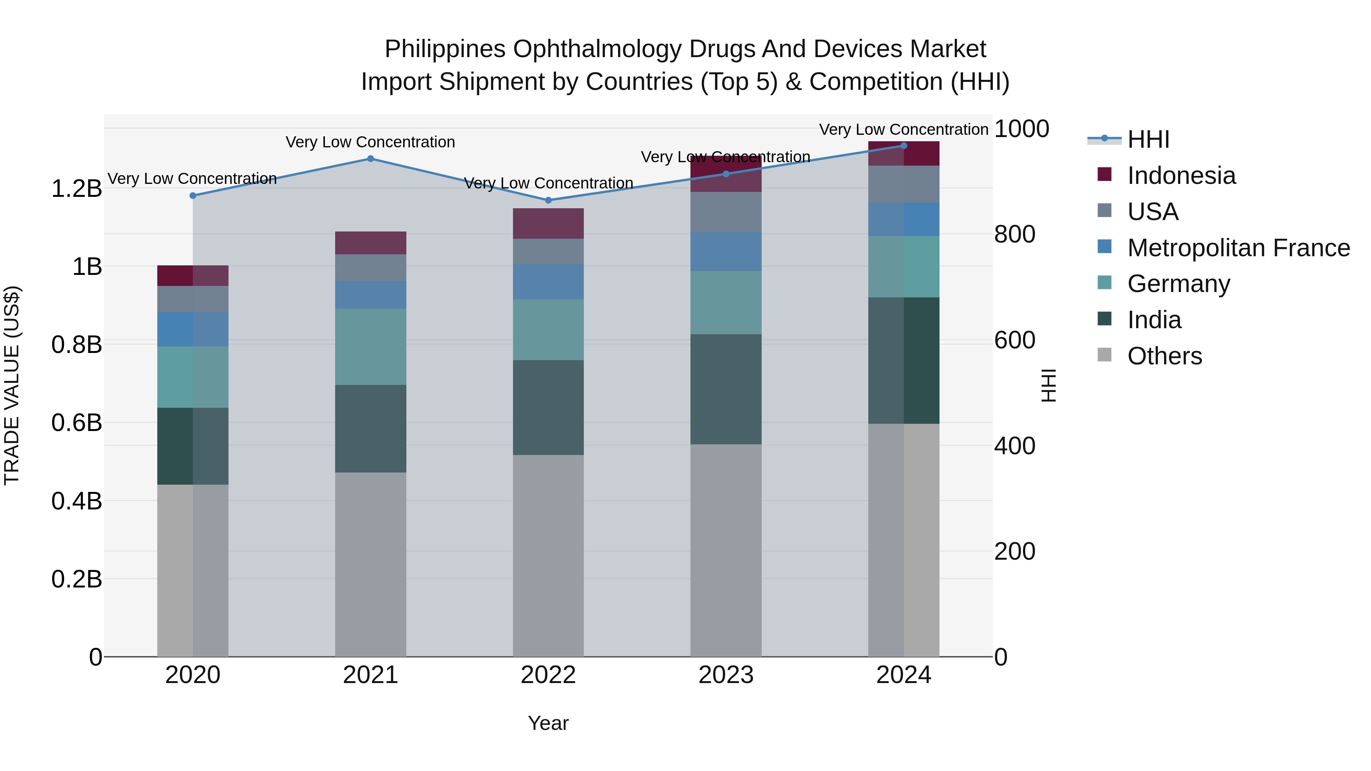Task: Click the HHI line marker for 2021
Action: click(x=371, y=158)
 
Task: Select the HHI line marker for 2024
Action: click(x=904, y=145)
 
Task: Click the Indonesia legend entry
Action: click(x=1181, y=176)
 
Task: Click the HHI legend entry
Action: click(x=1148, y=139)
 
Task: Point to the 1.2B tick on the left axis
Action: click(x=76, y=189)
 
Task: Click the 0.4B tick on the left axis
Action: click(x=76, y=501)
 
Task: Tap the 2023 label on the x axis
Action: click(x=726, y=675)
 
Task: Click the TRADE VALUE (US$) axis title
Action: click(x=12, y=385)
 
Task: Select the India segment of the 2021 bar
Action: click(x=371, y=428)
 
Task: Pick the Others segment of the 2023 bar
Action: click(x=726, y=550)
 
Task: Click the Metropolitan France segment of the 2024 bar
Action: click(x=904, y=219)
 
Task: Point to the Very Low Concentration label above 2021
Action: click(x=371, y=142)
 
